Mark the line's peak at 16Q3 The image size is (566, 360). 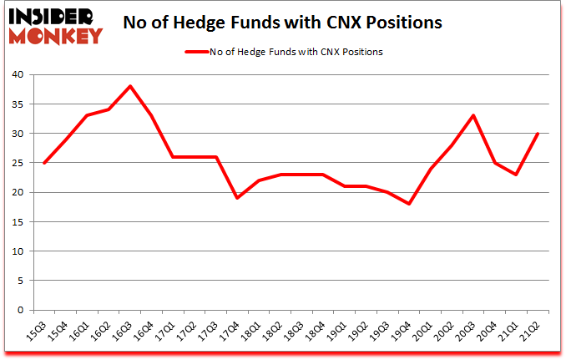click(131, 87)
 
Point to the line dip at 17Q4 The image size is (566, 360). click(238, 198)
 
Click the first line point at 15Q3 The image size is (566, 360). click(44, 163)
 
